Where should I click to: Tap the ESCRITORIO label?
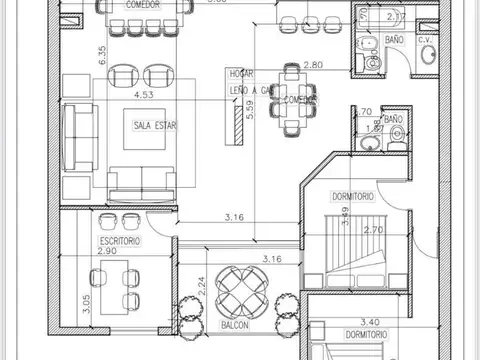(x=119, y=242)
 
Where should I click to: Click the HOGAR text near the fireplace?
(x=239, y=73)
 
